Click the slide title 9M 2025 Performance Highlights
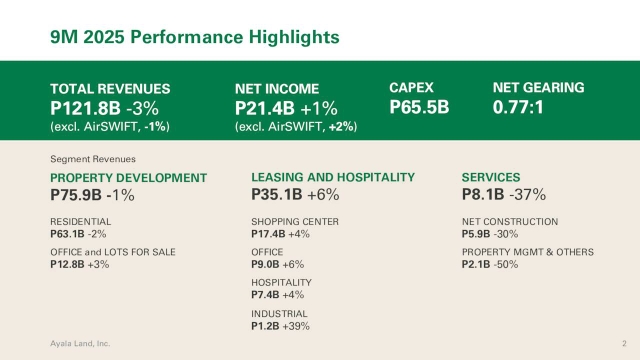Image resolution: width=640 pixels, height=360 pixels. [x=194, y=37]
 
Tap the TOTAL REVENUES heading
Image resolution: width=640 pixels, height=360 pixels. [x=110, y=88]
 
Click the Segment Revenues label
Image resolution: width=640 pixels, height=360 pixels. [x=93, y=159]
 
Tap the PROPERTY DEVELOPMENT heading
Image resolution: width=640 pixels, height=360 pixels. [x=128, y=178]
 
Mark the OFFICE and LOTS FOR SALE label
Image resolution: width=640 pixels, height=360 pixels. [x=113, y=252]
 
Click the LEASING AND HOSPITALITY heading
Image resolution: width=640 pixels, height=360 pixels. [x=332, y=177]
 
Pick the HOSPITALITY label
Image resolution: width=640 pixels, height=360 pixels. [x=281, y=283]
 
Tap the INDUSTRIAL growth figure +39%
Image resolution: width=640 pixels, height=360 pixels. [x=296, y=326]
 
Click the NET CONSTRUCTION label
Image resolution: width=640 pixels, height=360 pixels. [x=510, y=221]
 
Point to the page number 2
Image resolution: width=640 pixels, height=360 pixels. [x=609, y=343]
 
